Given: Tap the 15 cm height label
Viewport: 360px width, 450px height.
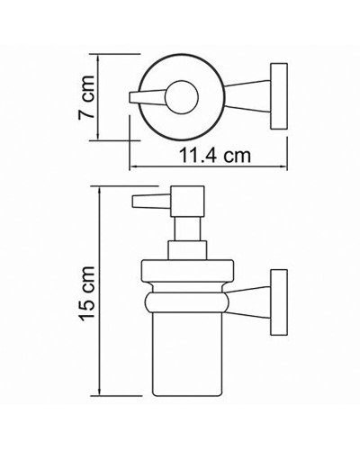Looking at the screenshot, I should (84, 298).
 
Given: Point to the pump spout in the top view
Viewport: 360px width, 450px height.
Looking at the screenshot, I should (148, 97).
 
